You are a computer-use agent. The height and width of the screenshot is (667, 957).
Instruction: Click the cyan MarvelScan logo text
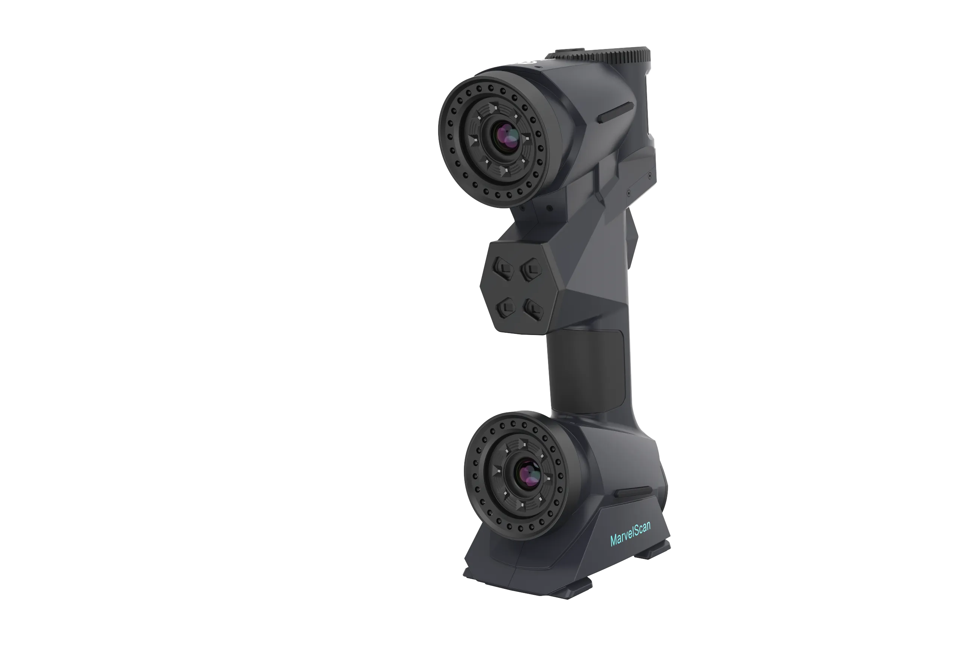coord(630,534)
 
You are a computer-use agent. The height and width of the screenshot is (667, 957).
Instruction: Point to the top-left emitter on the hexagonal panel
coord(504,268)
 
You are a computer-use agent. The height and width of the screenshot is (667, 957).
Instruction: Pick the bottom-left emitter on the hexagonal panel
coord(506,308)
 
